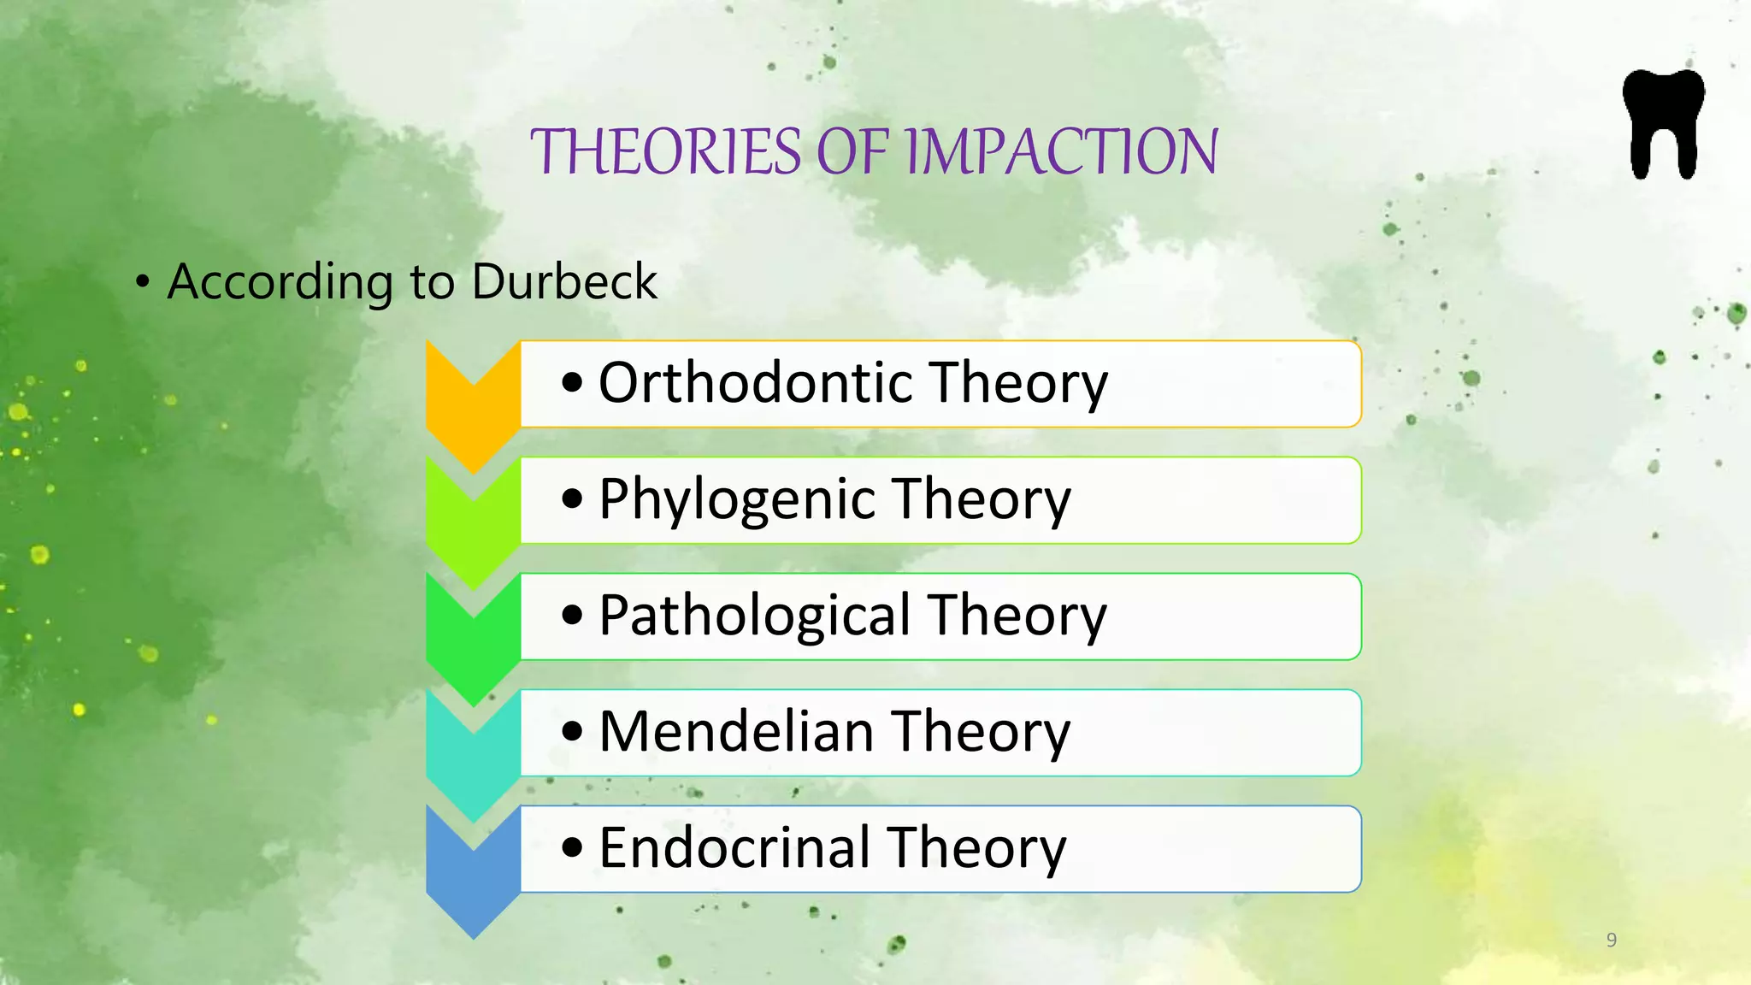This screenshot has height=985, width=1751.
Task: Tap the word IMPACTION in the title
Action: tap(1061, 152)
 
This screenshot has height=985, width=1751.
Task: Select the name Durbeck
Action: tap(564, 281)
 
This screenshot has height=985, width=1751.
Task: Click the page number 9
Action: tap(1612, 940)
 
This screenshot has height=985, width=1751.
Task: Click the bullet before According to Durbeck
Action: tap(143, 282)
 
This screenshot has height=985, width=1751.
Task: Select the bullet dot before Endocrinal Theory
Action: tap(572, 848)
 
